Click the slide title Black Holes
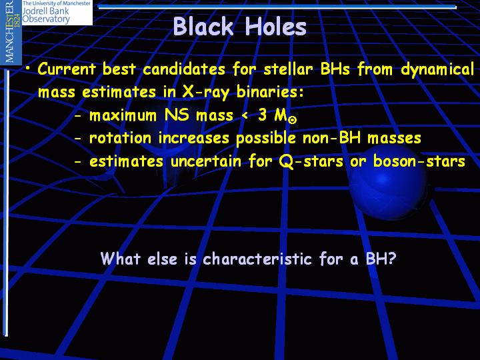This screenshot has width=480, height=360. pyautogui.click(x=240, y=26)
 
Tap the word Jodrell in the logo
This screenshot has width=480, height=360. pyautogui.click(x=35, y=11)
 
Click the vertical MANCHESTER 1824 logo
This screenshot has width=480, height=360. pyautogui.click(x=11, y=32)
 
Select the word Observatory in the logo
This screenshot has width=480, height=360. pyautogui.click(x=46, y=19)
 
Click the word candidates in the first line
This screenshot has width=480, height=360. pyautogui.click(x=184, y=69)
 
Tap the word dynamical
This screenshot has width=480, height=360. pyautogui.click(x=437, y=70)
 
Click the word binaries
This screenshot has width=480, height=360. pyautogui.click(x=270, y=91)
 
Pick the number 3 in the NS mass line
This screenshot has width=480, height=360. pyautogui.click(x=263, y=115)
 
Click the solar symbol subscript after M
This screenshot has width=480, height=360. pyautogui.click(x=293, y=120)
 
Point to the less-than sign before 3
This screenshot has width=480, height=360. pyautogui.click(x=245, y=116)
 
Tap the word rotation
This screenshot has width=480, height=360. pyautogui.click(x=120, y=138)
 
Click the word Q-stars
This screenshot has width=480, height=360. pyautogui.click(x=311, y=161)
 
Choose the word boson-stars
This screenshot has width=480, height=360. pyautogui.click(x=419, y=161)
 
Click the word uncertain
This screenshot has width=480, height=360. pyautogui.click(x=206, y=161)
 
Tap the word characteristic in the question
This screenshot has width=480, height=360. pyautogui.click(x=257, y=259)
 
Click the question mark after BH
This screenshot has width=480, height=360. pyautogui.click(x=392, y=259)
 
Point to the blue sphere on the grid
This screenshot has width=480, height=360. pyautogui.click(x=388, y=183)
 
